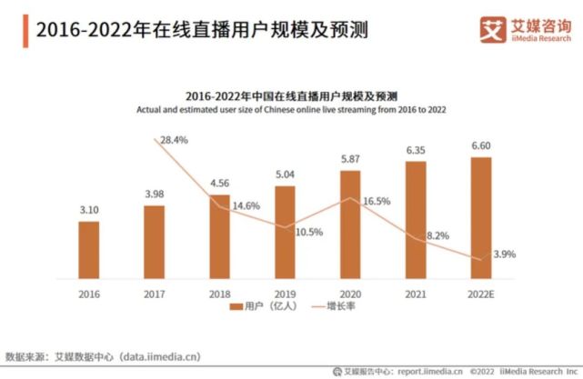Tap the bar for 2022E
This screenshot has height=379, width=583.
(481, 217)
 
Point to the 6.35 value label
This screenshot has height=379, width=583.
(416, 149)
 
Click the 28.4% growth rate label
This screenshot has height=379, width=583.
(173, 140)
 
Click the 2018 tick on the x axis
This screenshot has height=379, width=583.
(219, 294)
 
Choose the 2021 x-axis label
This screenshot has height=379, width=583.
(416, 294)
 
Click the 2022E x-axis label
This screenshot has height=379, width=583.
(481, 294)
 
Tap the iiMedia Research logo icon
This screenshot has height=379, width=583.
(493, 29)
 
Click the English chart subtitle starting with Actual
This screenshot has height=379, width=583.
(291, 110)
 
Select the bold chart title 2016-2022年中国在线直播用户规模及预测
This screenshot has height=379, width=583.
(291, 95)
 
